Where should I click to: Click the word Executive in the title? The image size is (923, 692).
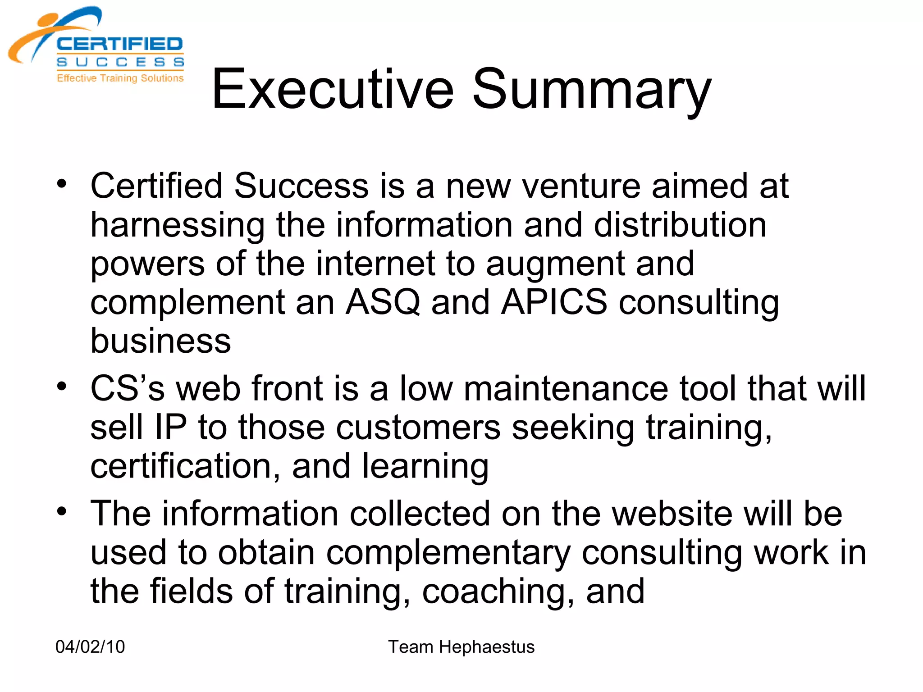333,89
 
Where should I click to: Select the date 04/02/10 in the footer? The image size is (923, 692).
90,647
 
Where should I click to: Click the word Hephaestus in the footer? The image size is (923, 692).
487,647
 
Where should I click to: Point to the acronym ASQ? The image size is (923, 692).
383,302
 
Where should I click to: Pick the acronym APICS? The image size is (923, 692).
554,302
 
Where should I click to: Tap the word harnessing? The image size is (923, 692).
178,226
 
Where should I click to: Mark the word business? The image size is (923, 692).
160,341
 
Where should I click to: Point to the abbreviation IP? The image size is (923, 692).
170,427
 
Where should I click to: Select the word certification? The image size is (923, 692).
186,466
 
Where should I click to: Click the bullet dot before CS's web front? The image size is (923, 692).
62,386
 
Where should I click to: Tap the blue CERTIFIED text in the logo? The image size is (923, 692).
119,44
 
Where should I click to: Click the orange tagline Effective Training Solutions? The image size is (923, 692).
120,78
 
